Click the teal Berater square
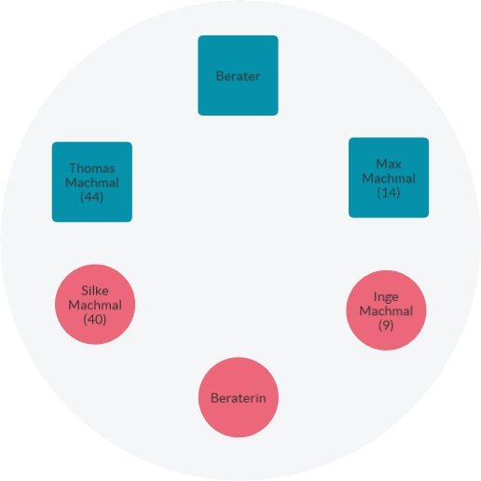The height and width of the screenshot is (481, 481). pos(238,76)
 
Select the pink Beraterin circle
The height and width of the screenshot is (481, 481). pos(239,397)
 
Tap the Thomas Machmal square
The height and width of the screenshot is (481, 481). pos(92,182)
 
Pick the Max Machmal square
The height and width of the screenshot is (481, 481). pos(389,178)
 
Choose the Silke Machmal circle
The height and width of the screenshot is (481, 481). pos(95,305)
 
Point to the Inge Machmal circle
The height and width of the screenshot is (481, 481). pos(386,310)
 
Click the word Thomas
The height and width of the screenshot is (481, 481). pos(92,168)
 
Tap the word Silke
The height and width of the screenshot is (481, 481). pos(95,291)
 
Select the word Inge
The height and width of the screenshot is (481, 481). pos(386,296)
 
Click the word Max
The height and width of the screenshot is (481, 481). pos(389,164)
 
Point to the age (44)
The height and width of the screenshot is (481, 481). pos(91,197)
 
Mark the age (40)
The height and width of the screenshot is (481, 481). pos(95,319)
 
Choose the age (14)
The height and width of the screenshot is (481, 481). pos(389,193)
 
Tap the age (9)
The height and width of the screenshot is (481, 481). pos(386,325)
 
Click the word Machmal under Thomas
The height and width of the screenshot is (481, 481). pos(92,183)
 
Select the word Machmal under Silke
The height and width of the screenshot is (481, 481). pos(95,305)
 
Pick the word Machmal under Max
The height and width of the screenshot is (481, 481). pos(389,178)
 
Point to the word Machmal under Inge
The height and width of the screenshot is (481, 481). pos(386,310)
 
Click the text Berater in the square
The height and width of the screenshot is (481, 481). pos(238,76)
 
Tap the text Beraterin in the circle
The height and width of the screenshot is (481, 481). pos(239,398)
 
